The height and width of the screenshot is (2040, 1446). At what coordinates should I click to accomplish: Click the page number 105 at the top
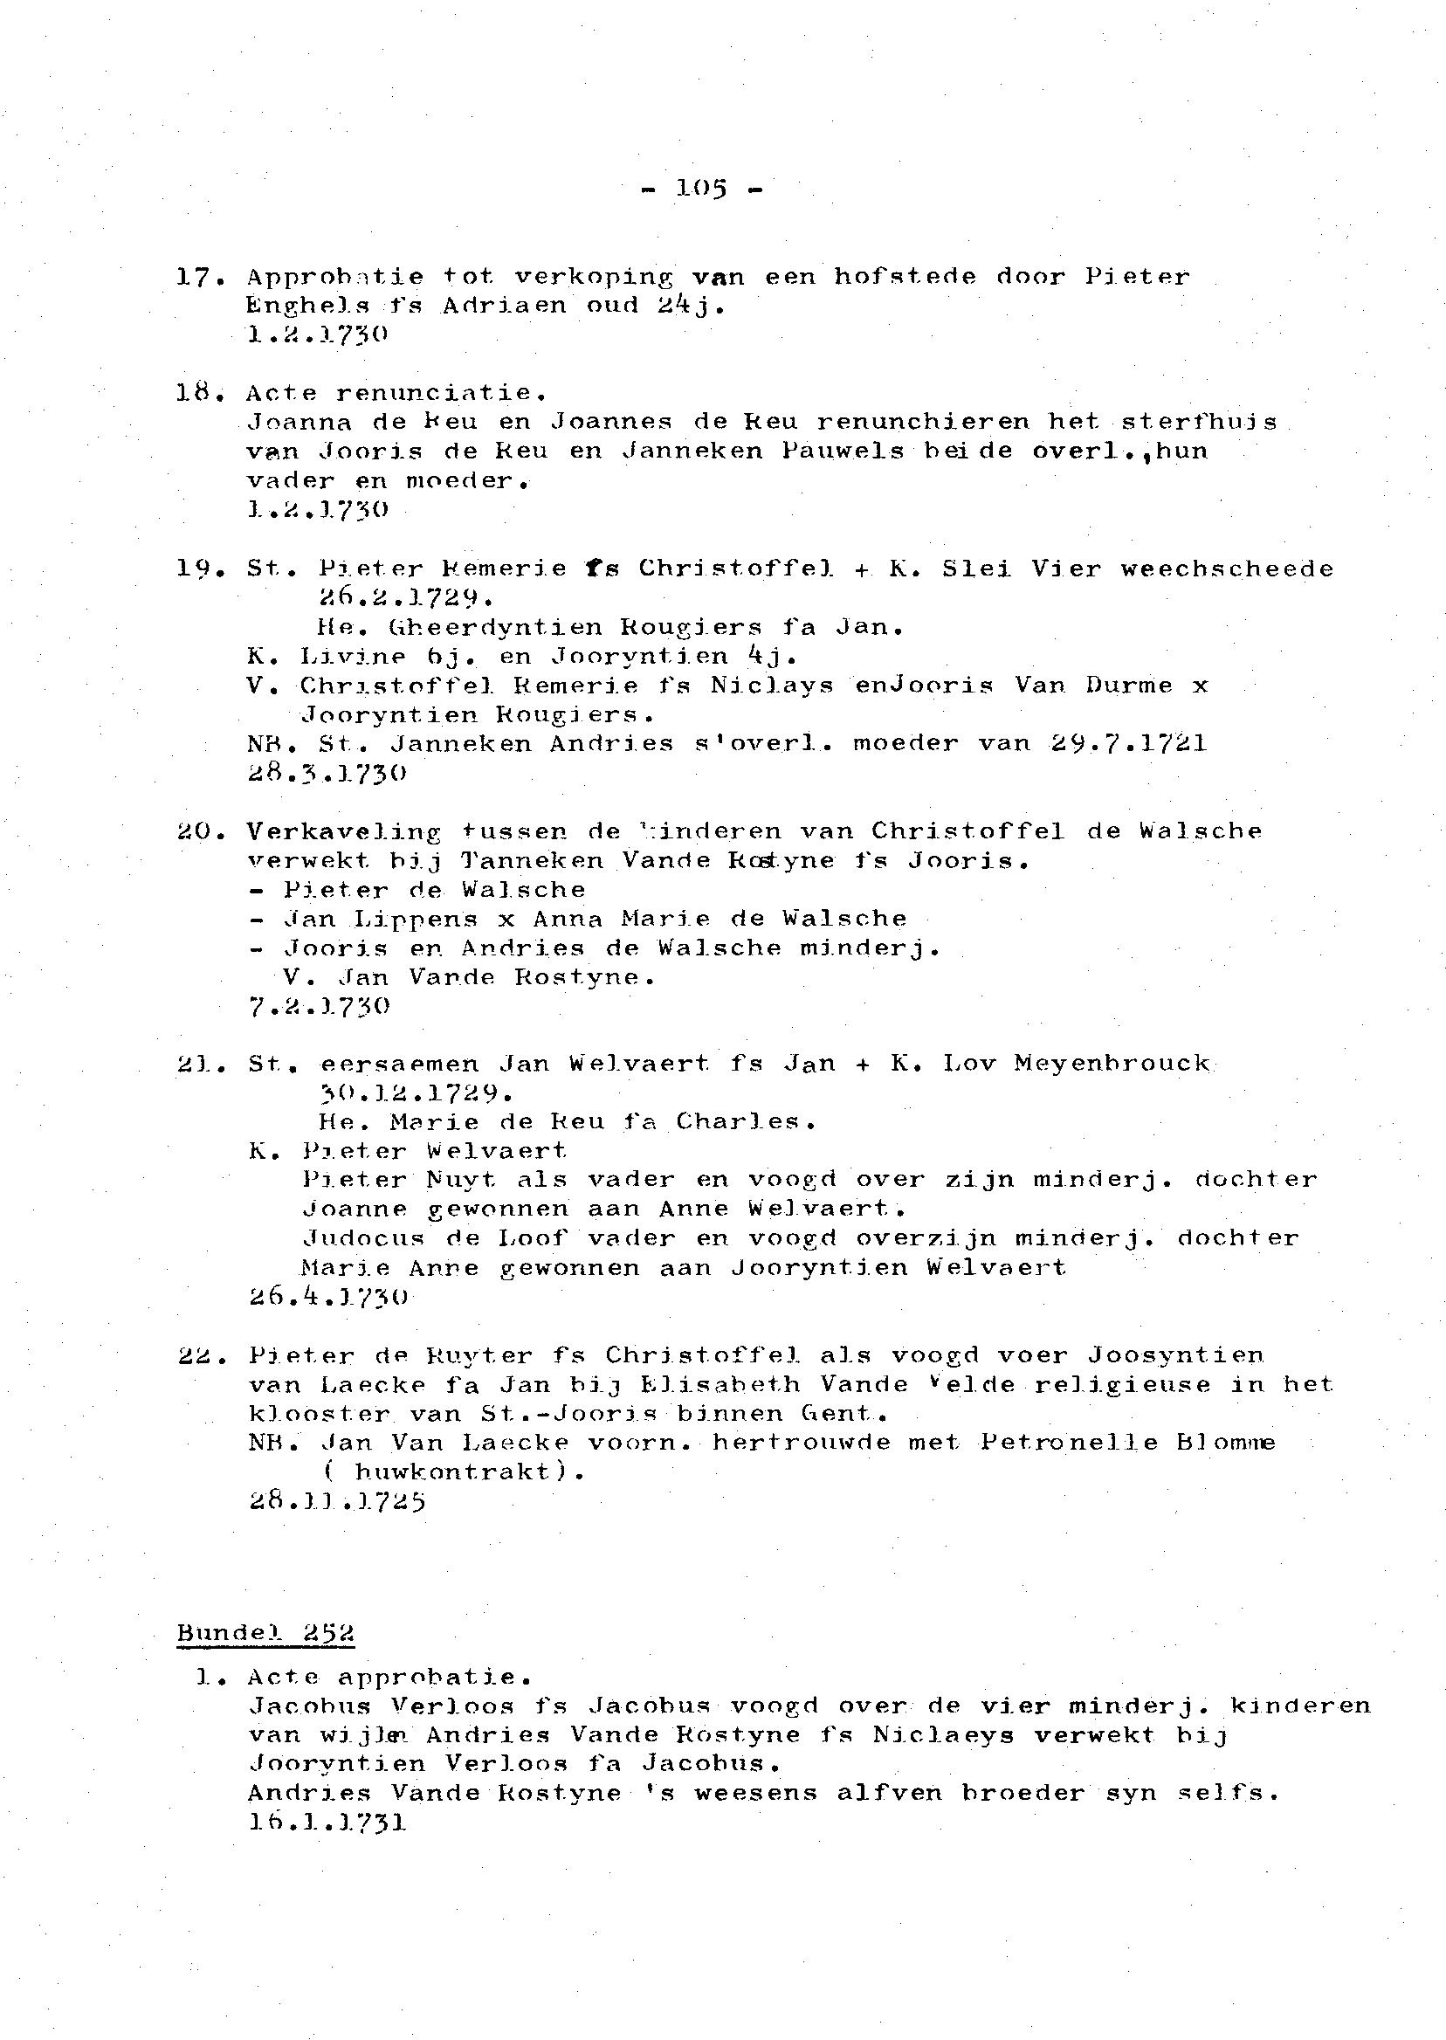coord(702,188)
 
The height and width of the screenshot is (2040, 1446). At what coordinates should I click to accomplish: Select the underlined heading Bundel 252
coord(265,1633)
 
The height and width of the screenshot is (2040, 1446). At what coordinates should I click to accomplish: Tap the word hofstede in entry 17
coord(905,277)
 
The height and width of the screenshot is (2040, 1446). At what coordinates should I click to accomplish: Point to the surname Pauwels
coord(843,451)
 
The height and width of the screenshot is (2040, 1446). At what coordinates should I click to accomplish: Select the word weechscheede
coord(1227,569)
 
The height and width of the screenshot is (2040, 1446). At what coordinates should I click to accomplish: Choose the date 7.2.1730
coord(319,1006)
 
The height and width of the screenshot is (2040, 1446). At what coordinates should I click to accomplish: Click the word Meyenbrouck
coord(1112,1063)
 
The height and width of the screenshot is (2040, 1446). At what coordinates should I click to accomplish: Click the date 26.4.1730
coord(327,1297)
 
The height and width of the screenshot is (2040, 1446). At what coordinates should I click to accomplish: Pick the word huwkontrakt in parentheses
coord(451,1471)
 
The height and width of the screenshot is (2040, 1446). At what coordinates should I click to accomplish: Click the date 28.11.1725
coord(336,1501)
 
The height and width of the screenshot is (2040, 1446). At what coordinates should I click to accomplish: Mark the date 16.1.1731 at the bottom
coord(327,1822)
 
